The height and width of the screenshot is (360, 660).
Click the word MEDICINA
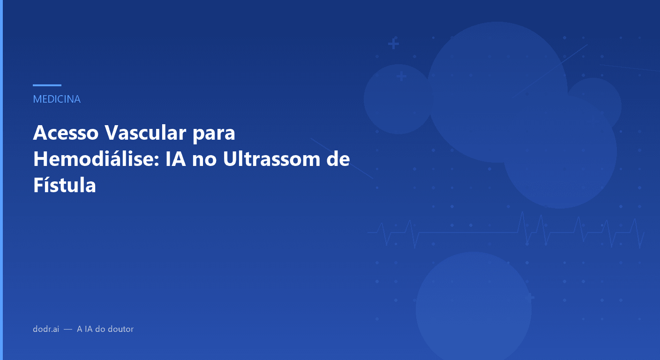point(57,99)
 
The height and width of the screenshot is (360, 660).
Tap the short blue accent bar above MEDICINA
point(47,85)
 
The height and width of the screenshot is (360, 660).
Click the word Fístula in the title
point(65,186)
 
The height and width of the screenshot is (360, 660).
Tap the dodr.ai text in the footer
point(46,329)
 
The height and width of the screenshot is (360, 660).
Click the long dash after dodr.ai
point(68,330)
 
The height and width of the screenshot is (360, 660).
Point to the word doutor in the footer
point(121,329)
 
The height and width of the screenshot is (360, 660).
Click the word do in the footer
point(100,329)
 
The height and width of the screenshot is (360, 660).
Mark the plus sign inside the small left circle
point(401,76)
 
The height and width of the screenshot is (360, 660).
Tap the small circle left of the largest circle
point(398,99)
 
